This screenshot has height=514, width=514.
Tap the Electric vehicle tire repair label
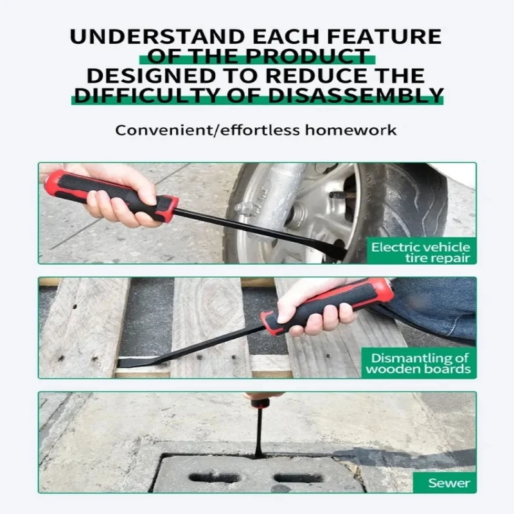click(420, 252)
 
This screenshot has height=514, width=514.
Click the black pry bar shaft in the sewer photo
click(258, 430)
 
